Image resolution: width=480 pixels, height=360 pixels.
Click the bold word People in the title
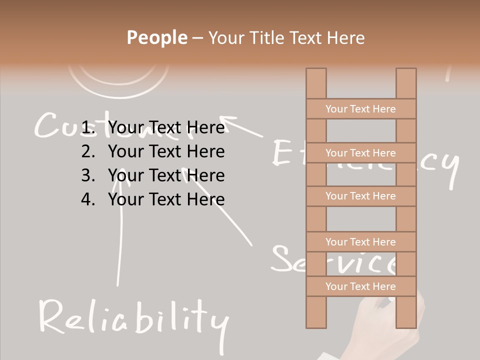coord(156,37)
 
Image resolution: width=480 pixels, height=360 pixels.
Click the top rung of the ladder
coord(360,109)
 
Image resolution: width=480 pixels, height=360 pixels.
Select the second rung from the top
coord(360,153)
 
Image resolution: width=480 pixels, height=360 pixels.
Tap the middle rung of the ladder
coord(360,196)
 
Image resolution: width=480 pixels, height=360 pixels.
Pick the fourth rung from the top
coord(360,242)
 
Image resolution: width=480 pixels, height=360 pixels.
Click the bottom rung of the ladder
coord(360,286)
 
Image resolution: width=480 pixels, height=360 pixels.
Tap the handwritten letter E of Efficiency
coord(282,152)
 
